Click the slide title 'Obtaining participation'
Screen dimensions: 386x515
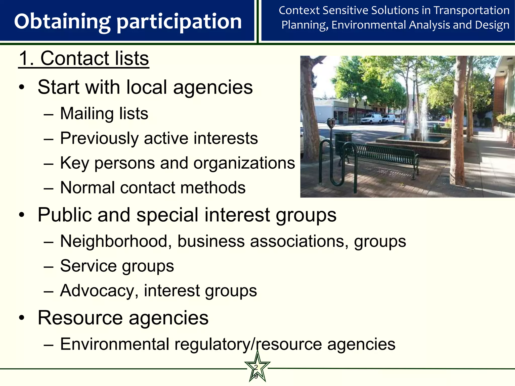click(x=128, y=22)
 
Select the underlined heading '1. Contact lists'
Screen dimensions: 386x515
click(x=84, y=59)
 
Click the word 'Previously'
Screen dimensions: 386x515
click(x=99, y=138)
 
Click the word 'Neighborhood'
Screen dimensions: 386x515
click(x=114, y=241)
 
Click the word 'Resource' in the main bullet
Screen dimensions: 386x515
click(x=80, y=318)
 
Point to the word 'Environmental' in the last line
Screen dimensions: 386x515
click(x=115, y=344)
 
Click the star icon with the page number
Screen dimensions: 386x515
click(x=257, y=369)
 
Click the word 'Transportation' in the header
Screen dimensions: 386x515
click(x=471, y=11)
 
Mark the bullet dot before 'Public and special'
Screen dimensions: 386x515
click(x=22, y=215)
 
